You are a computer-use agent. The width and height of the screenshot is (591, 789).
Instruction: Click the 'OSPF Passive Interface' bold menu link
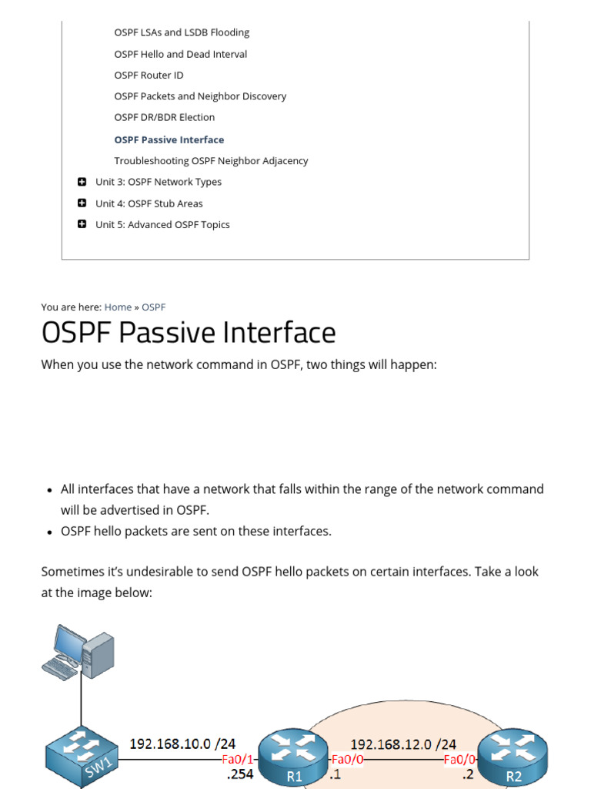tap(169, 139)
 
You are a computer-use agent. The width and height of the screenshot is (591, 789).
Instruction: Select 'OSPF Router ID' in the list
tap(149, 76)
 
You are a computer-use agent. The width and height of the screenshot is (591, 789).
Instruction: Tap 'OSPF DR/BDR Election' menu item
tap(165, 118)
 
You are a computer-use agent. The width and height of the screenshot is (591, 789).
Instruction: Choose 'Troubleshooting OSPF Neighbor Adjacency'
tap(211, 161)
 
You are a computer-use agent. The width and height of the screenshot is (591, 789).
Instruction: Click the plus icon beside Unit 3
tap(82, 182)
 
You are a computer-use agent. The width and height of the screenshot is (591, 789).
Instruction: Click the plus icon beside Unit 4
tap(82, 203)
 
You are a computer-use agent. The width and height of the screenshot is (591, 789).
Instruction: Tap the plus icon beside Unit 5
tap(82, 224)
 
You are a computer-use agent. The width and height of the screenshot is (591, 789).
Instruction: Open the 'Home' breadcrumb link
tap(118, 307)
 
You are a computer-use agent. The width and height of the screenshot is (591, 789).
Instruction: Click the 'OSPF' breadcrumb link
tap(154, 307)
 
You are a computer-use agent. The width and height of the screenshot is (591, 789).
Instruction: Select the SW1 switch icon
tap(81, 758)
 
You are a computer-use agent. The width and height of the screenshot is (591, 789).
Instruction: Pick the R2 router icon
tap(513, 758)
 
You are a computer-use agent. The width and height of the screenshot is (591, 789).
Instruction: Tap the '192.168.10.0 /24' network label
tap(183, 744)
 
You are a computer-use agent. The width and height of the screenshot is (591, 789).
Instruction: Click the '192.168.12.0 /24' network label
tap(403, 744)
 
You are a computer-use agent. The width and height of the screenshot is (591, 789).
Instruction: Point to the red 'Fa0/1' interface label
tap(237, 759)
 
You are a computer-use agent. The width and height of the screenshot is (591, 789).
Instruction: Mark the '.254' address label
tap(239, 774)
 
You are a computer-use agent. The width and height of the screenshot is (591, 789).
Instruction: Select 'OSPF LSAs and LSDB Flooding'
tap(182, 33)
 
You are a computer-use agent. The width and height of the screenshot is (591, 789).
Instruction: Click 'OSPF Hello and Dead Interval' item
tap(181, 54)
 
